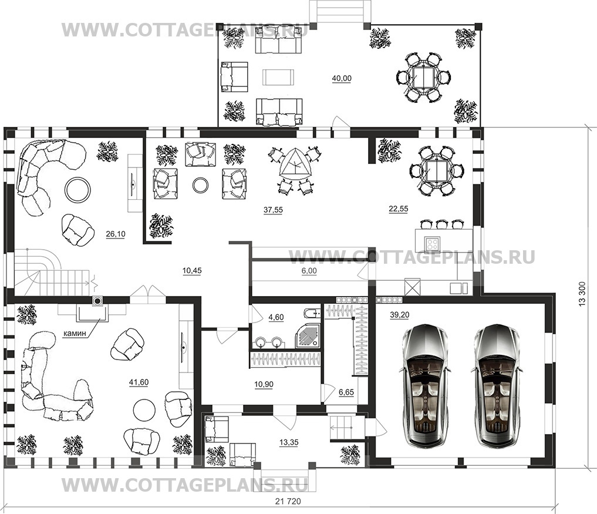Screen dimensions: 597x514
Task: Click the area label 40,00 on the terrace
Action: click(342, 79)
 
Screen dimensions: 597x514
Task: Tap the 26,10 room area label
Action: click(116, 234)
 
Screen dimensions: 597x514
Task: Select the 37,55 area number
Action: click(273, 210)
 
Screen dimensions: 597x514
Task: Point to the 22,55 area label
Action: click(398, 209)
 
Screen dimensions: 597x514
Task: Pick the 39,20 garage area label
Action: click(400, 315)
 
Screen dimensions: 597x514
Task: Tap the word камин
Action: click(75, 334)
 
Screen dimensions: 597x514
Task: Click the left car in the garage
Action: click(424, 385)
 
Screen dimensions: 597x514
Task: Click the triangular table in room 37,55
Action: click(295, 165)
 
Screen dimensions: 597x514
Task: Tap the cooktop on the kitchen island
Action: click(433, 243)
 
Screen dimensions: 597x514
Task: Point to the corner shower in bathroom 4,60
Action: click(308, 336)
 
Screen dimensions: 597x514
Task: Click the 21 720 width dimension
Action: click(288, 502)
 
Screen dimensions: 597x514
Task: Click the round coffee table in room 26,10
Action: click(77, 189)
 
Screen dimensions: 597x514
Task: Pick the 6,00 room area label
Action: click(309, 271)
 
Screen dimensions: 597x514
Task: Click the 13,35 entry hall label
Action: click(289, 442)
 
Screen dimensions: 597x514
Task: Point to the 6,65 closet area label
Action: click(346, 392)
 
